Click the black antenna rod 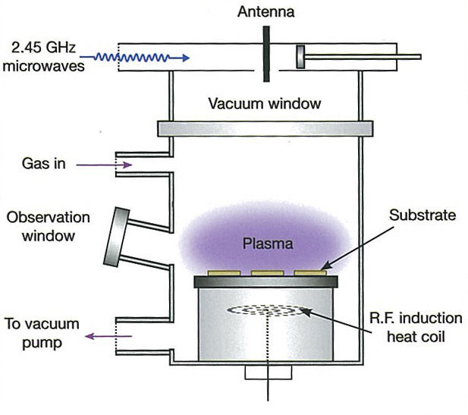(x=266, y=54)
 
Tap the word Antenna (x=266, y=12)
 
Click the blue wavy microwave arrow (x=135, y=58)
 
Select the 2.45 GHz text (x=43, y=48)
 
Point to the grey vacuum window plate (x=265, y=129)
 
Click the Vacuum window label (x=265, y=104)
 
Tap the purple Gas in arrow (x=105, y=165)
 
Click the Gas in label (x=43, y=164)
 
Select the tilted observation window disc (x=116, y=237)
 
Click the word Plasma (x=268, y=244)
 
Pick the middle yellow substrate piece (x=267, y=273)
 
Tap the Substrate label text (x=422, y=215)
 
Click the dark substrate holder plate (x=266, y=281)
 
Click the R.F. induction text (x=416, y=318)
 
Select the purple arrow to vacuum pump (x=108, y=337)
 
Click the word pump (x=42, y=343)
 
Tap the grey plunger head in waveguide (x=300, y=57)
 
